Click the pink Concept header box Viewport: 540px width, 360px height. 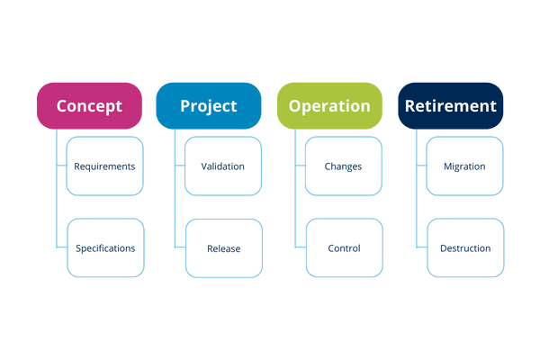tap(89, 106)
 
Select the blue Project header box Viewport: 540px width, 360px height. tap(209, 106)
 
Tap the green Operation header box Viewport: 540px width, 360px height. tap(329, 106)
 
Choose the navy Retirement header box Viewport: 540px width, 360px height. tap(451, 106)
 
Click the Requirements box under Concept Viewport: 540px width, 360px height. tap(105, 166)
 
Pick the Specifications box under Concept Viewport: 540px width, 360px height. tap(105, 247)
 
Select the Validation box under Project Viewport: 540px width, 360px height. tap(224, 166)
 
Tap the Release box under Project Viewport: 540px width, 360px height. tap(224, 247)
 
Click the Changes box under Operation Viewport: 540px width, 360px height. tap(344, 166)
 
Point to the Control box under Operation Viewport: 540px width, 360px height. tap(344, 247)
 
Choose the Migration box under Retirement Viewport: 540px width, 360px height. tap(464, 166)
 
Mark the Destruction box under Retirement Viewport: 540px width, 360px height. tap(464, 247)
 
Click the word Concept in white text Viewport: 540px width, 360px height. tap(89, 106)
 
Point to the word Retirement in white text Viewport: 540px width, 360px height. tap(451, 106)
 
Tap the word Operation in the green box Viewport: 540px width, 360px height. tap(329, 106)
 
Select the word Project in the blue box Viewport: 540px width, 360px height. tap(209, 106)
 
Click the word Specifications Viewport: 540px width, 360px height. tap(105, 248)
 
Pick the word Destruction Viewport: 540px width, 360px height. tap(465, 248)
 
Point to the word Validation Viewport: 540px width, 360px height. tap(223, 166)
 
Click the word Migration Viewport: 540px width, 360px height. tap(464, 166)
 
